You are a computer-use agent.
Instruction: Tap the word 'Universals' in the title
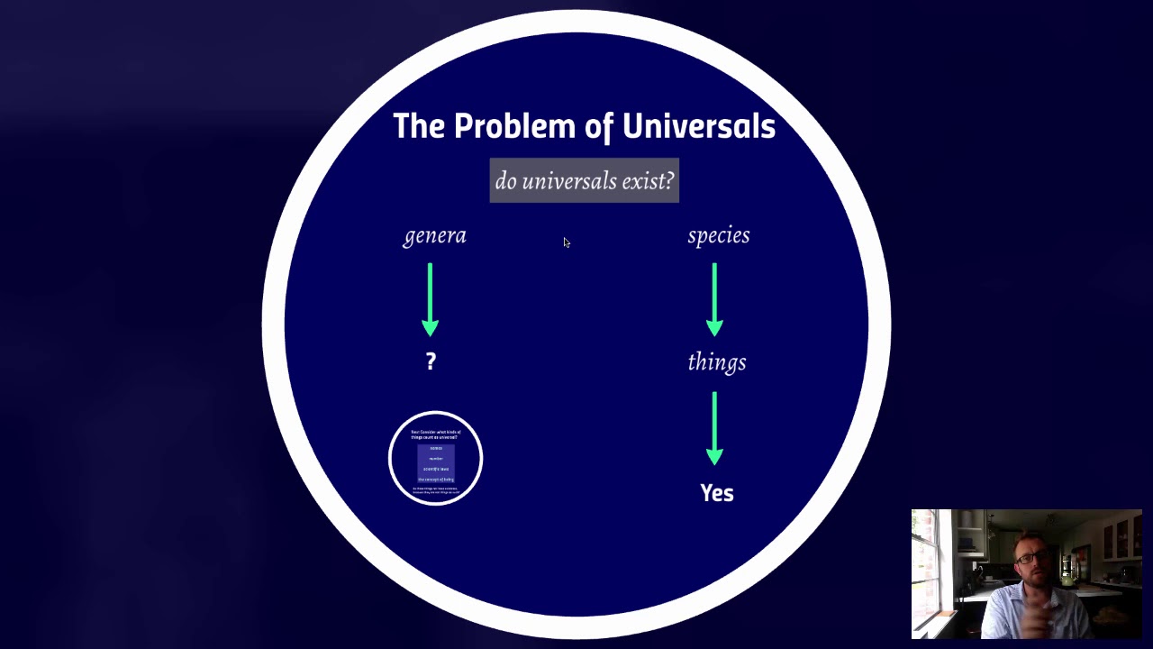pyautogui.click(x=698, y=127)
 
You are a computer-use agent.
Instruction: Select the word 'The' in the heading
pyautogui.click(x=419, y=127)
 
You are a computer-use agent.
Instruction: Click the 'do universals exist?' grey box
pyautogui.click(x=584, y=181)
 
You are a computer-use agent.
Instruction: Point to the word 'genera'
pyautogui.click(x=434, y=236)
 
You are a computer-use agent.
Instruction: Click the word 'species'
pyautogui.click(x=718, y=235)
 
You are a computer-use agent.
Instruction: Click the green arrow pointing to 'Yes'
pyautogui.click(x=714, y=428)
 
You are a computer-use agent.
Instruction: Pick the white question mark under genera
pyautogui.click(x=431, y=361)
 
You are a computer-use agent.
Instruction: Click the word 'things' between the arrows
pyautogui.click(x=716, y=362)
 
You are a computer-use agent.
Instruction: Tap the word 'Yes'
pyautogui.click(x=717, y=493)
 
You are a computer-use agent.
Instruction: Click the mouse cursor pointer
pyautogui.click(x=567, y=242)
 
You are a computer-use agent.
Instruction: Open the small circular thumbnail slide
pyautogui.click(x=436, y=458)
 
